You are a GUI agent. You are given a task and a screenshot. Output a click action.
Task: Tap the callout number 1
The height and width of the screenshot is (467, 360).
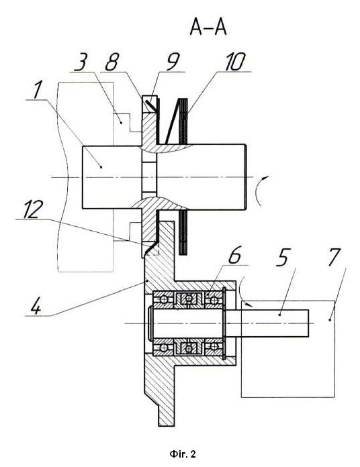click(37, 90)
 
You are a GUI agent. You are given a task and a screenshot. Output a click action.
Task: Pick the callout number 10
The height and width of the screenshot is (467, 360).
click(234, 62)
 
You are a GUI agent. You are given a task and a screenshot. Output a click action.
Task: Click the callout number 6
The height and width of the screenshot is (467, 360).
click(234, 255)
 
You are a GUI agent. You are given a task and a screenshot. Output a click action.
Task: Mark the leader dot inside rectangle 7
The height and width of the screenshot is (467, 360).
click(330, 319)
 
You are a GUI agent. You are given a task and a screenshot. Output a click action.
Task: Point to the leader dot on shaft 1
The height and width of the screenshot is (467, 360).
click(101, 167)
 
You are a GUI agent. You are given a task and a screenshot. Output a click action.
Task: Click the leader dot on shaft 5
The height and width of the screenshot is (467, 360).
click(279, 315)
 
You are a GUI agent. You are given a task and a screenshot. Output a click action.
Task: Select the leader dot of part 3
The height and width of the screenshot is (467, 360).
click(121, 122)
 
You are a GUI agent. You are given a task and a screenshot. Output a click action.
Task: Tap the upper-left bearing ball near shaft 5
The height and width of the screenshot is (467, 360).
click(163, 300)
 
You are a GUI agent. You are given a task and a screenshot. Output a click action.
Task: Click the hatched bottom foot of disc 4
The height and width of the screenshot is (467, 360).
click(166, 415)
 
